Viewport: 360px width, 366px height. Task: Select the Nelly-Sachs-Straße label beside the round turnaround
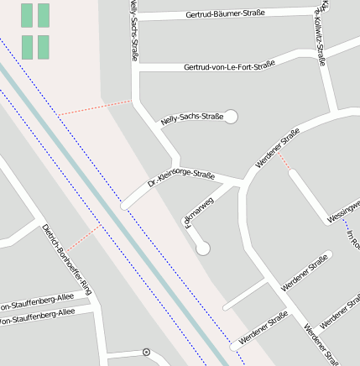(192, 118)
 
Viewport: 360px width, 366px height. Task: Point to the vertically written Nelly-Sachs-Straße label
(133, 30)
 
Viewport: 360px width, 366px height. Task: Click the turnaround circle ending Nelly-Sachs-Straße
(231, 117)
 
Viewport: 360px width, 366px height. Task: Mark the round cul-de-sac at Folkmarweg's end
(202, 248)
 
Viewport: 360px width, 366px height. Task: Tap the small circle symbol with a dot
(147, 352)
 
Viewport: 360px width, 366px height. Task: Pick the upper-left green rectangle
(27, 15)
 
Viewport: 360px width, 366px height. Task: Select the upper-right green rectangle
(44, 15)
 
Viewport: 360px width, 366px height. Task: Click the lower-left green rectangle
(27, 47)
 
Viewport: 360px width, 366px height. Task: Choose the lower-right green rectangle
(44, 47)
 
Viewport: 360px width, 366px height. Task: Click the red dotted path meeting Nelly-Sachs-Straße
(95, 108)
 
